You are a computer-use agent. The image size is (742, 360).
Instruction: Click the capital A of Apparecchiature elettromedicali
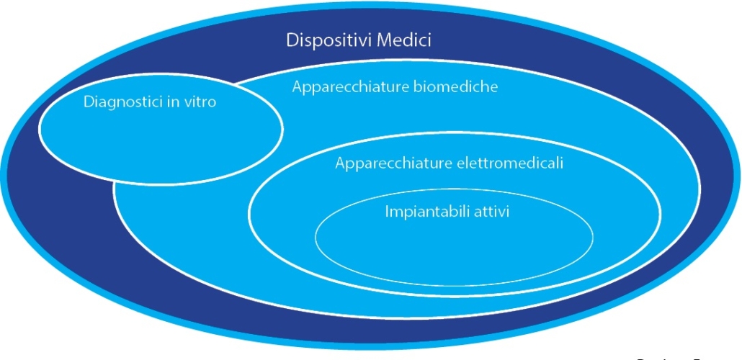click(340, 163)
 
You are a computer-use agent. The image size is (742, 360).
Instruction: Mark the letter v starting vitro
click(187, 103)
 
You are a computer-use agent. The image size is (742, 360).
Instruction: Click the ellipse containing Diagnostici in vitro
click(158, 144)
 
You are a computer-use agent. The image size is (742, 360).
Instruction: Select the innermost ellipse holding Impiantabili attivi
click(454, 245)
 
